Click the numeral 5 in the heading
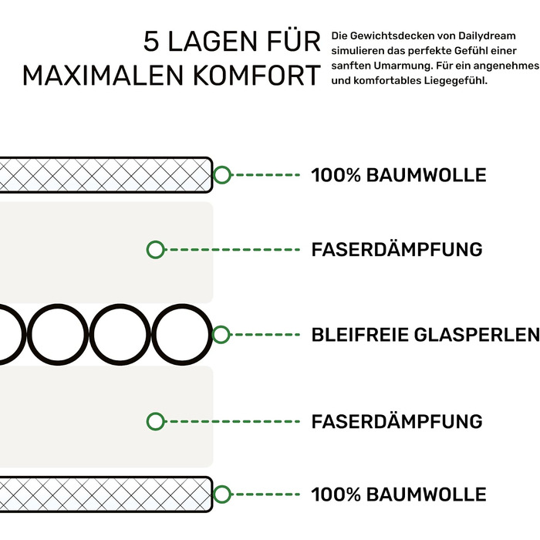pyautogui.click(x=151, y=42)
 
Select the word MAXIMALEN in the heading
pyautogui.click(x=103, y=76)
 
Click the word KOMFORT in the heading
pyautogui.click(x=257, y=76)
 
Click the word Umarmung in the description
pyautogui.click(x=402, y=66)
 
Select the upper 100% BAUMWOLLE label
pyautogui.click(x=399, y=175)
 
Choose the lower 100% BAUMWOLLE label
pyautogui.click(x=399, y=494)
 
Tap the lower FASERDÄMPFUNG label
pyautogui.click(x=397, y=420)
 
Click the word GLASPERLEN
pyautogui.click(x=477, y=335)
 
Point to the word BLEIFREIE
pyautogui.click(x=360, y=335)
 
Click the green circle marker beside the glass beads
pyautogui.click(x=221, y=334)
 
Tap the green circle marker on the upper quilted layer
pyautogui.click(x=222, y=174)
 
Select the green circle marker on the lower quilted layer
pyautogui.click(x=222, y=494)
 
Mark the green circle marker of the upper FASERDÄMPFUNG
pyautogui.click(x=155, y=249)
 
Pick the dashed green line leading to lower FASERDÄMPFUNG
pyautogui.click(x=231, y=421)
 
